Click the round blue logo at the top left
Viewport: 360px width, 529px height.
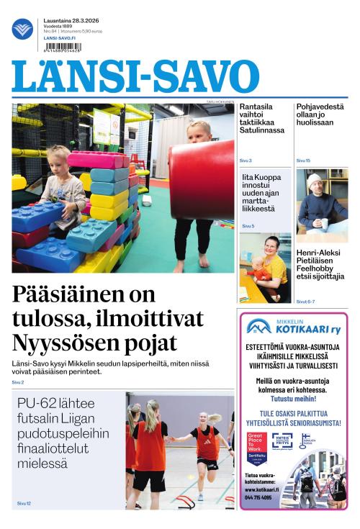coord(22,29)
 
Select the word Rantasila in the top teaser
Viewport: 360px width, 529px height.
coord(256,107)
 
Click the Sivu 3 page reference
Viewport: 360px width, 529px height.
coord(246,160)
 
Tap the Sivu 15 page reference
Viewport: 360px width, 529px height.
coord(303,160)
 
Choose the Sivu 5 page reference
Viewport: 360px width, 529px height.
coord(248,226)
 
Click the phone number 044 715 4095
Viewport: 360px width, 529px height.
coord(258,497)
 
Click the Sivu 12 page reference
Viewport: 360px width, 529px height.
coord(23,503)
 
